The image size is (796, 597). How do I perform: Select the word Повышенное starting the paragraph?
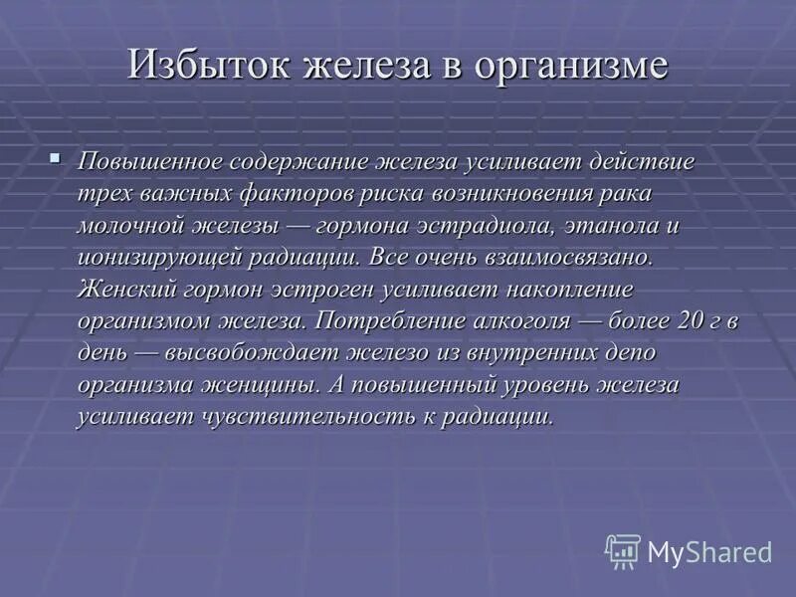148,161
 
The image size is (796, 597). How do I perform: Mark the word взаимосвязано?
568,257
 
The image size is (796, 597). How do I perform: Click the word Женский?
123,289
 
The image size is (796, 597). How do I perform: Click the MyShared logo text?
708,551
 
